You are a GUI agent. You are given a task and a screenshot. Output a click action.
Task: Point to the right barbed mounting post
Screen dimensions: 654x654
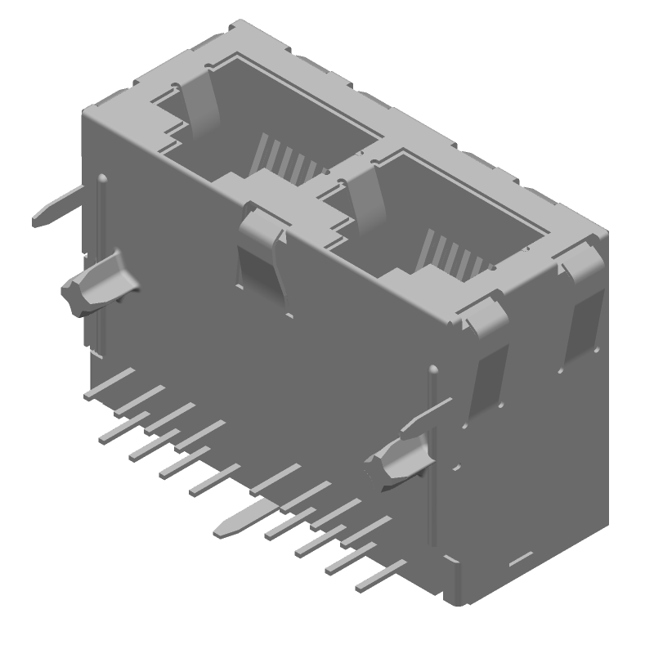click(401, 462)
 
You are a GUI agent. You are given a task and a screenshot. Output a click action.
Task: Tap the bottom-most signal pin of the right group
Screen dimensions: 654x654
click(380, 576)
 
